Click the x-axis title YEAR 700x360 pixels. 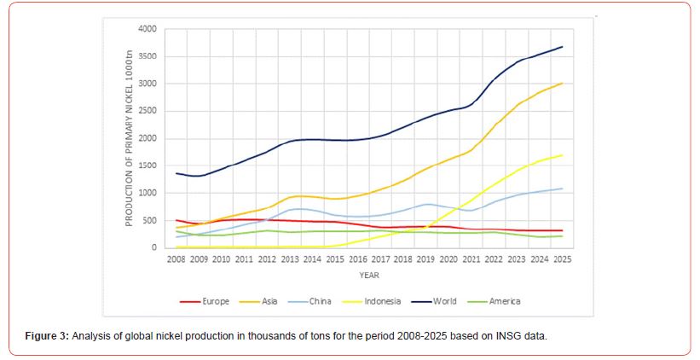click(368, 276)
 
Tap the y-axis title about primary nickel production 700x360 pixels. click(130, 138)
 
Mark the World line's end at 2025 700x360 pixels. click(562, 47)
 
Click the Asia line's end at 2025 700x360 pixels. click(562, 84)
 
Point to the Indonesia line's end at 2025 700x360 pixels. click(562, 155)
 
